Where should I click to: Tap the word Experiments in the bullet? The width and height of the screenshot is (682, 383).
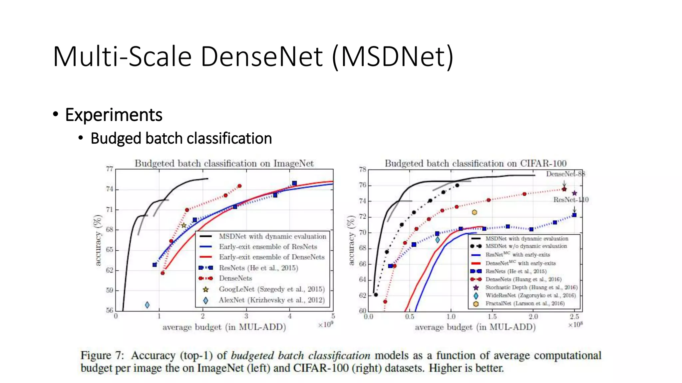[x=114, y=115]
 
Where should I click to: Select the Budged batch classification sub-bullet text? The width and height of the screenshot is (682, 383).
[x=181, y=138]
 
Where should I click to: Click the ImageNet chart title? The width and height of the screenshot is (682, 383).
[x=224, y=163]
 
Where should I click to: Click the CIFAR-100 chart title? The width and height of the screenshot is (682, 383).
[x=476, y=163]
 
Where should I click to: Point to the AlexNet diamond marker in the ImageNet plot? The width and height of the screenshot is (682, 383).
[x=147, y=305]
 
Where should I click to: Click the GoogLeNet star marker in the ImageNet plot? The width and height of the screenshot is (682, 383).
[x=183, y=225]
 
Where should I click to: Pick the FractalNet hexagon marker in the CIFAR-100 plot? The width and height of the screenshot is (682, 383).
[x=475, y=212]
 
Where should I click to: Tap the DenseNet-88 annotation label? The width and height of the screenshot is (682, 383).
[x=565, y=174]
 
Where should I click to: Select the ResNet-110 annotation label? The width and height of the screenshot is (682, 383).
[x=571, y=199]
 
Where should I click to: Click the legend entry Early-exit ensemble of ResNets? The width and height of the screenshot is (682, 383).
[x=268, y=247]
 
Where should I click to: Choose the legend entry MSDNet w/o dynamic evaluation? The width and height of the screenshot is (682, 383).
[x=526, y=246]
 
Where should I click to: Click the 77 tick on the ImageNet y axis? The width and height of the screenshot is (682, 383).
[x=110, y=169]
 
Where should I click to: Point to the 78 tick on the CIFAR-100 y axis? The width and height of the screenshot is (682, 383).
[x=362, y=170]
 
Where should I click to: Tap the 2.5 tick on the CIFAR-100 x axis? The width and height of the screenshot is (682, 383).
[x=574, y=317]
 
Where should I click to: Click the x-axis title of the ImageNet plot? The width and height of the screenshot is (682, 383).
[x=224, y=327]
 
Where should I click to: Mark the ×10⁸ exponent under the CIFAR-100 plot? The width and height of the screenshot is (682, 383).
[x=575, y=325]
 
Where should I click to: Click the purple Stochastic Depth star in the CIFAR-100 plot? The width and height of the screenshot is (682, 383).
[x=574, y=193]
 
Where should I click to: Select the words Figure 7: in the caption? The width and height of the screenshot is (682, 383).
[x=102, y=355]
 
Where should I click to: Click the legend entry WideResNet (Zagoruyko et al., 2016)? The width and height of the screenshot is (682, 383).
[x=530, y=295]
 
